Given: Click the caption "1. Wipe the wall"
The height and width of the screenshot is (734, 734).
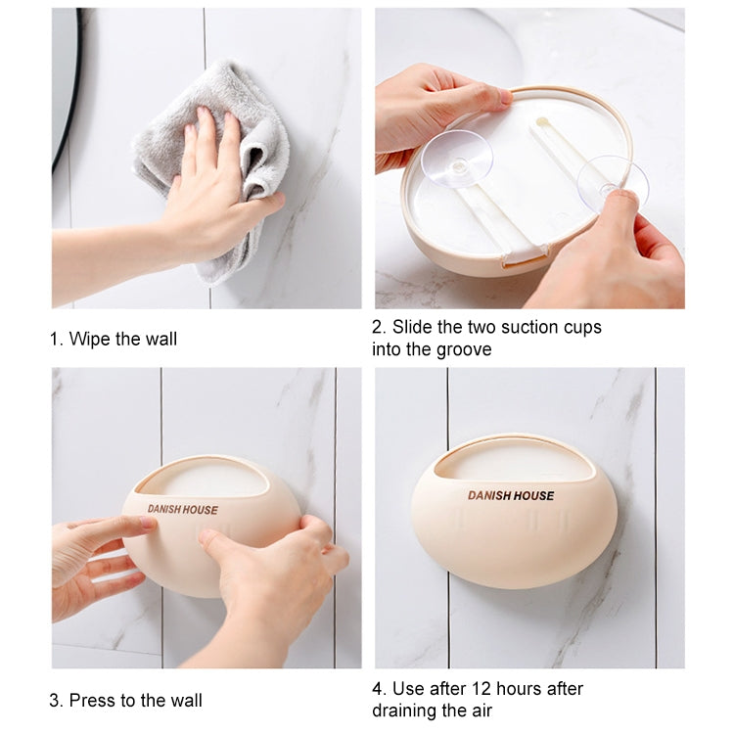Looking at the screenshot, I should point(114,339).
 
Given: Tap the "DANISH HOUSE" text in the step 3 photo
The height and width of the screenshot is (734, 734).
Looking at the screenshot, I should point(183,509).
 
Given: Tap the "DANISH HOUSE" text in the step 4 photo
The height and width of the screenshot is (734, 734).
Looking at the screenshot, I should point(510,495).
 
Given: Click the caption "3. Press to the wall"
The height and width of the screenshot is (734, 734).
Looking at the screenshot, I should point(125,700).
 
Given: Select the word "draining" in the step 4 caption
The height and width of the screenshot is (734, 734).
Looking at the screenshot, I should point(405,711).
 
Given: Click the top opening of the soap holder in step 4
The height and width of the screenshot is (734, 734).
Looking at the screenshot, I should point(513,461).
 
